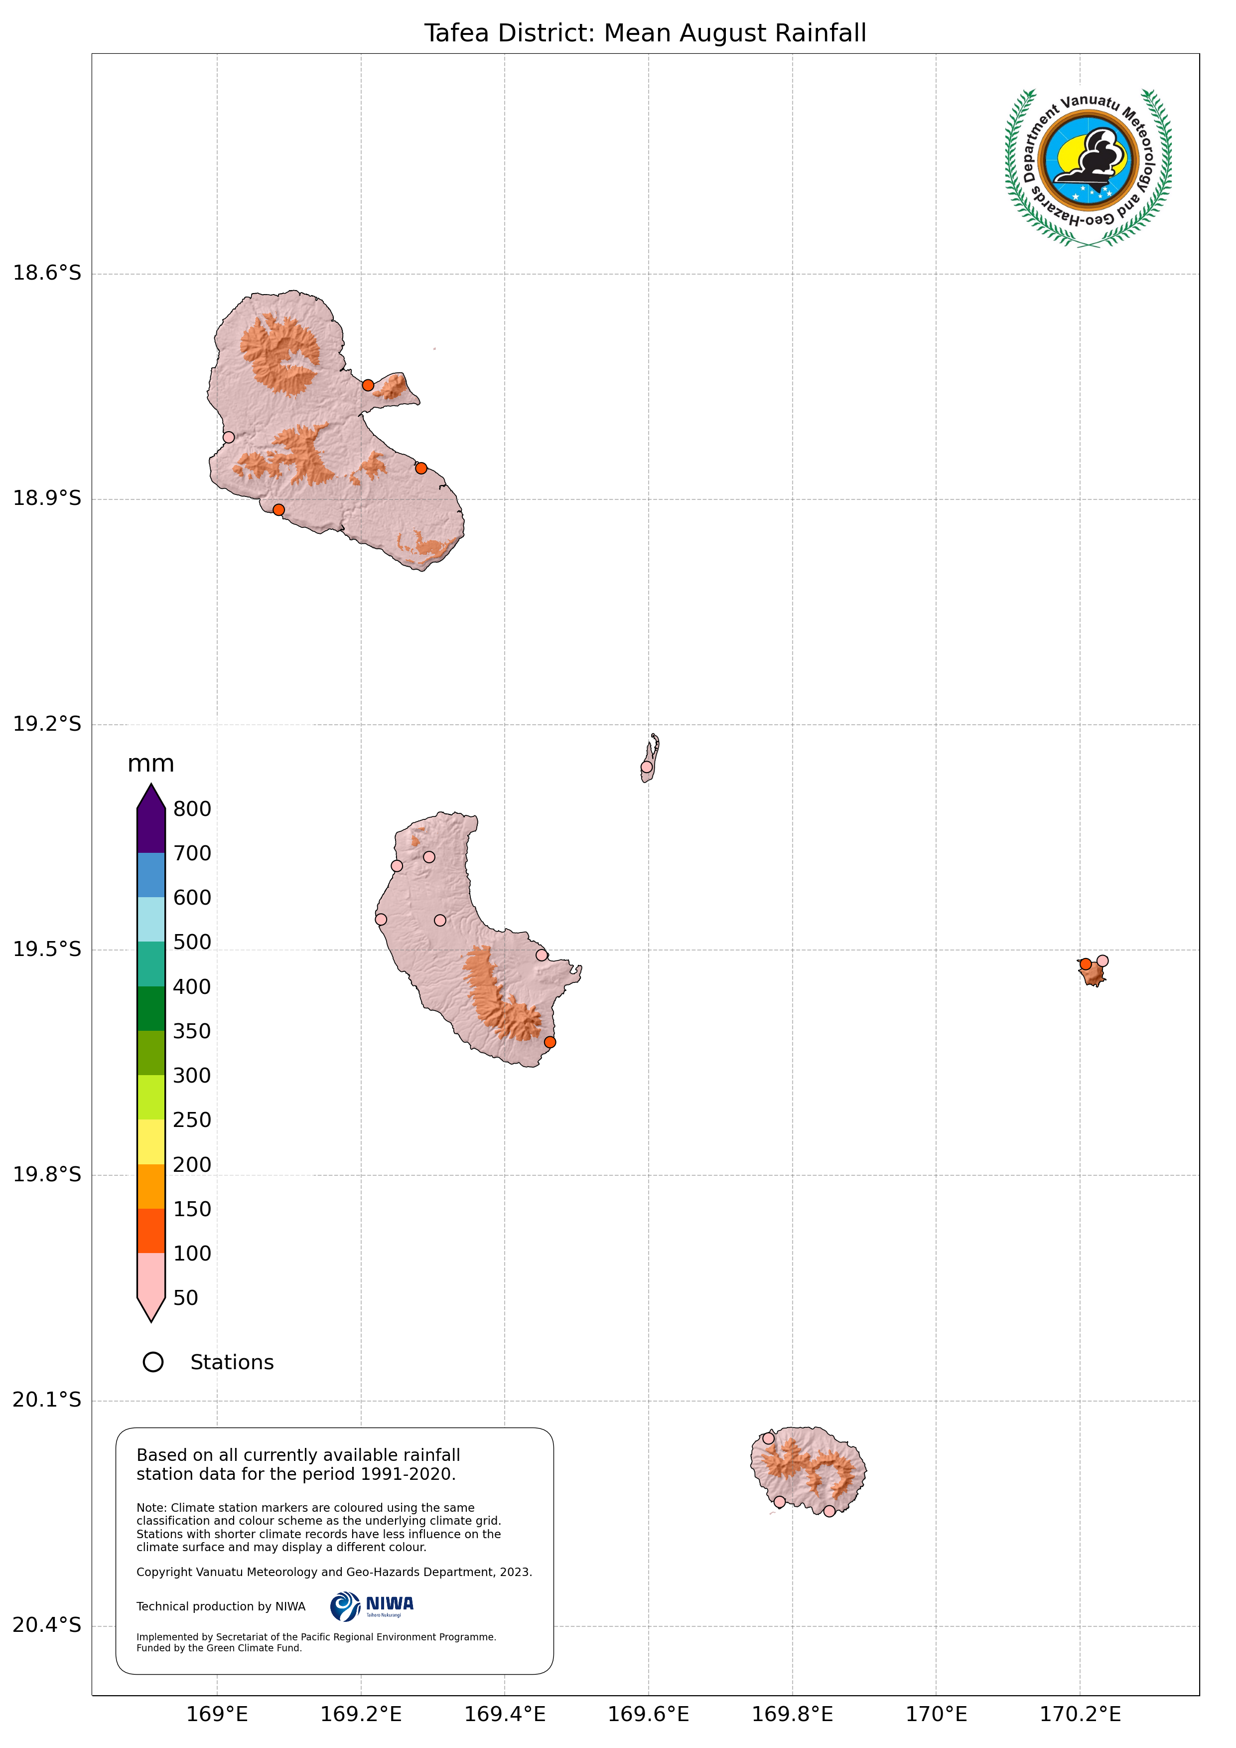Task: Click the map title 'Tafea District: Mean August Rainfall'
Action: point(645,33)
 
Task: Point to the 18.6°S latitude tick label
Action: point(46,273)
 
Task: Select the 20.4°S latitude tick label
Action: point(46,1625)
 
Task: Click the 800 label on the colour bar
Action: point(192,808)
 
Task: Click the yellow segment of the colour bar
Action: point(150,1141)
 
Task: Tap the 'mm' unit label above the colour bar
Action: point(150,764)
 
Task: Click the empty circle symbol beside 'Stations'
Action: point(153,1362)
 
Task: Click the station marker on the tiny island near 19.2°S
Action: point(646,767)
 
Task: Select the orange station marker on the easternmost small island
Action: point(1086,964)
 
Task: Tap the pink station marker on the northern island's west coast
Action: point(228,437)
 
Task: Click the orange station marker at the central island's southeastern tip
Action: point(549,1042)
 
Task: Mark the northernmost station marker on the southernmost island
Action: point(768,1438)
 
